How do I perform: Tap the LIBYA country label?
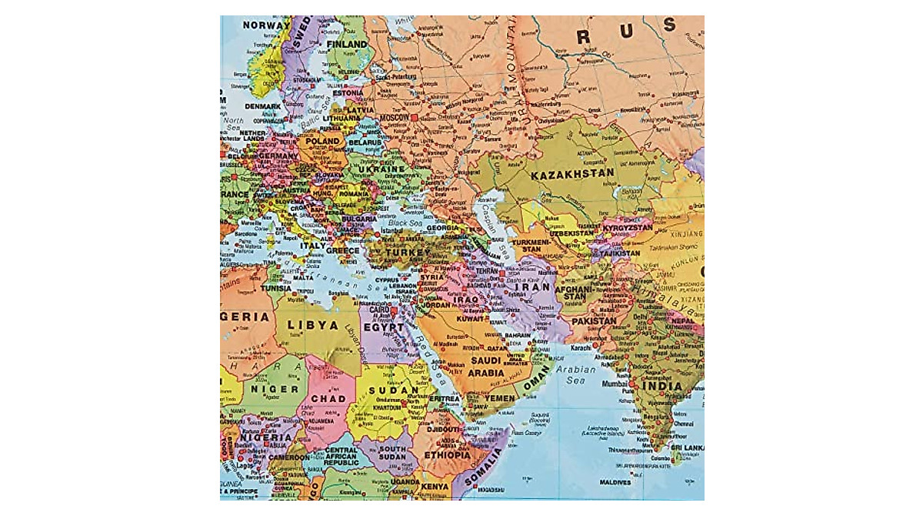[x=312, y=326]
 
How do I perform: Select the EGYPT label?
[x=383, y=327]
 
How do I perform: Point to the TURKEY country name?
[x=407, y=253]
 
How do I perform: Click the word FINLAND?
[x=347, y=44]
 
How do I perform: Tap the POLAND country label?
[x=322, y=142]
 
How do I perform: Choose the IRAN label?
[x=537, y=287]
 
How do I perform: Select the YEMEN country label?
[x=500, y=398]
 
